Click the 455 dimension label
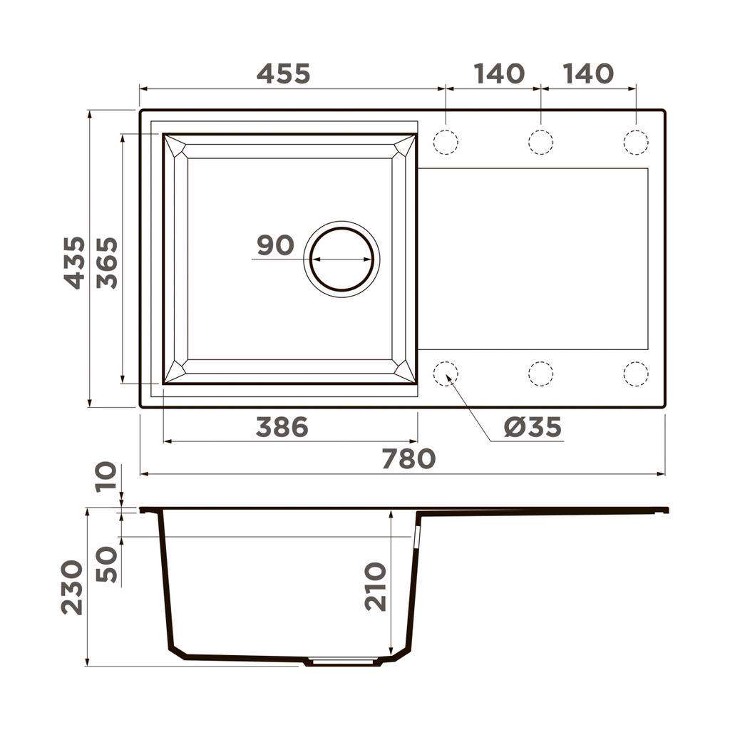pos(283,74)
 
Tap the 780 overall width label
pos(408,458)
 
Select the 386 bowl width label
pos(282,427)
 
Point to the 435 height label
pos(74,263)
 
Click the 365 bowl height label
pos(107,263)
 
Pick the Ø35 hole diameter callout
pos(533,427)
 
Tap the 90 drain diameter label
pos(276,245)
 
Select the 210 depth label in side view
pos(375,587)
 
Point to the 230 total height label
pos(72,587)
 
